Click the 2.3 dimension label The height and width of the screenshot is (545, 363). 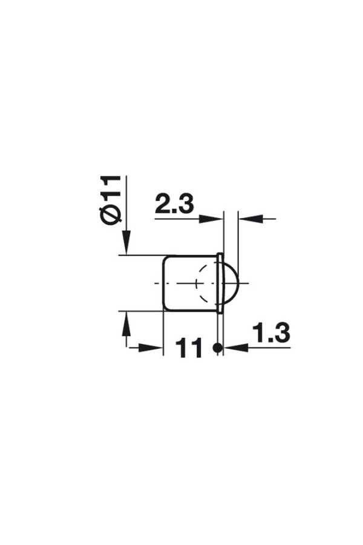pos(174,204)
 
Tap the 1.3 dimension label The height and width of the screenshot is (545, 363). pos(271,332)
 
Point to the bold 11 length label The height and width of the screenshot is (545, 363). pos(189,348)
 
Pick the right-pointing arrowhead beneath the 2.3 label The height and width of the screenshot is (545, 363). pos(211,219)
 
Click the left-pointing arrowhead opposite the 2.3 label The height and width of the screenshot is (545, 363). pos(250,219)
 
